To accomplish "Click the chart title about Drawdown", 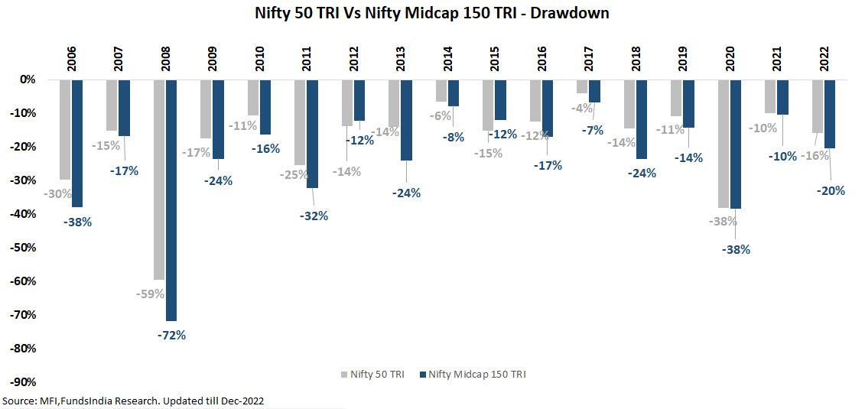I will [432, 13].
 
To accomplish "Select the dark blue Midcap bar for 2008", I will [171, 200].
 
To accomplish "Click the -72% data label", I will [171, 335].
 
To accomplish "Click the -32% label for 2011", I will [313, 216].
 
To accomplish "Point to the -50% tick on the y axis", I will [26, 247].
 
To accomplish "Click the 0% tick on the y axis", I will [28, 79].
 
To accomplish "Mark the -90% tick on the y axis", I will [26, 381].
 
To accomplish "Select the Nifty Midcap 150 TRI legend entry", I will [473, 375].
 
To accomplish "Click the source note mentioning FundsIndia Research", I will [134, 401].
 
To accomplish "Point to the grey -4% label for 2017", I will [582, 108].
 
